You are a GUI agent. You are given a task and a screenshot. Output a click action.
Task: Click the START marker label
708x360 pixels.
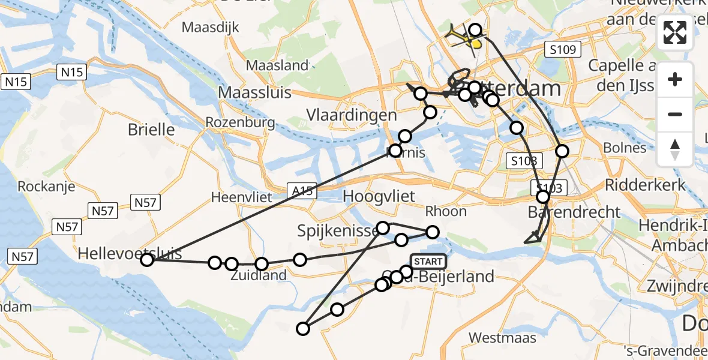[428, 262]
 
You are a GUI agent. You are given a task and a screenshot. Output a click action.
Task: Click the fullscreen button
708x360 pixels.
[675, 32]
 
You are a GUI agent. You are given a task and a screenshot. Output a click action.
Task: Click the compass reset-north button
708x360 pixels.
[675, 149]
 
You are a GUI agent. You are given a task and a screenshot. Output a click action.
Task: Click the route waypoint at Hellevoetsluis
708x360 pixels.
[147, 260]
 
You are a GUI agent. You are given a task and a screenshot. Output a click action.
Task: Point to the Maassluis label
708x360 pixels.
[254, 92]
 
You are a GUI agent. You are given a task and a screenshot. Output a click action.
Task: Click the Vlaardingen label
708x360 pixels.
[351, 115]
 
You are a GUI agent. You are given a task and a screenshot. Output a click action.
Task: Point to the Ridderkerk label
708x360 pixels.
[646, 184]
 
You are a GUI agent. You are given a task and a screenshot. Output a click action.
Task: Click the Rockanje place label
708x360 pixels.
[46, 187]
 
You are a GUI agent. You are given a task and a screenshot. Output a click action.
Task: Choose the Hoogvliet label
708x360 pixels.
[383, 196]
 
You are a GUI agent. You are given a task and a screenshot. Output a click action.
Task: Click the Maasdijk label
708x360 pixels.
[211, 27]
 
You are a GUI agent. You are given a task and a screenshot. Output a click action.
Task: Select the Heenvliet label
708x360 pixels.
[242, 197]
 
